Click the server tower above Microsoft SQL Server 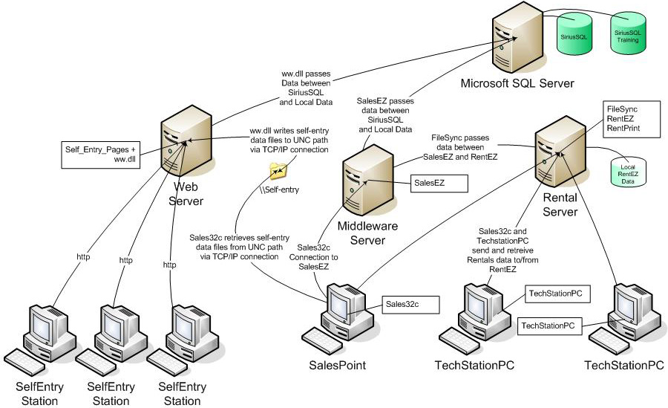click(510, 38)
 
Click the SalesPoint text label click(338, 366)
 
